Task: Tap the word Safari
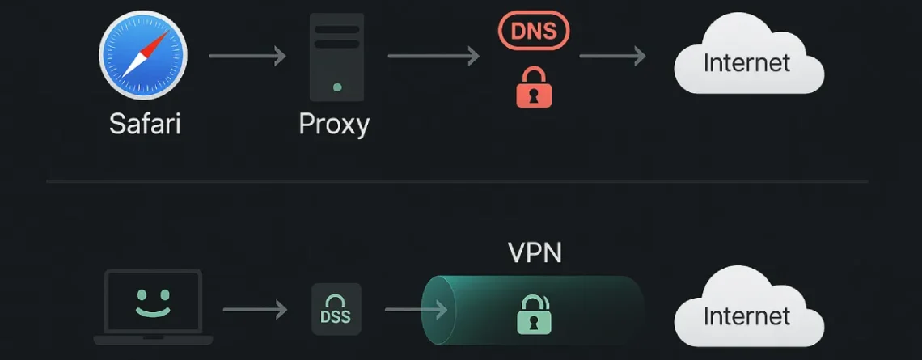(x=145, y=124)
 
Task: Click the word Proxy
(x=334, y=124)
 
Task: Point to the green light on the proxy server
(x=337, y=87)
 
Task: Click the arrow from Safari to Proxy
(x=247, y=56)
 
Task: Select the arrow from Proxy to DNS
(x=434, y=56)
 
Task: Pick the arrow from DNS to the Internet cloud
(x=612, y=56)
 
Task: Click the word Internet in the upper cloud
(x=746, y=62)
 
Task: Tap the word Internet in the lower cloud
(x=746, y=316)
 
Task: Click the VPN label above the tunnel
(x=535, y=253)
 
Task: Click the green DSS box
(x=336, y=310)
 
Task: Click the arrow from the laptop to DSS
(x=255, y=310)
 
